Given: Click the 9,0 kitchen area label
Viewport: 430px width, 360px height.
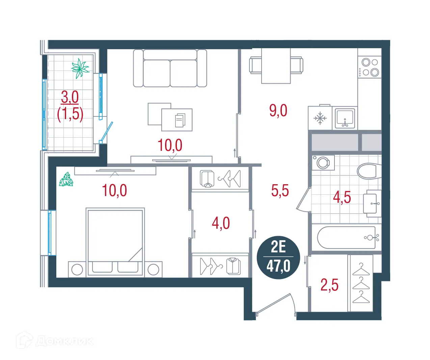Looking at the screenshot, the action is [x=278, y=111].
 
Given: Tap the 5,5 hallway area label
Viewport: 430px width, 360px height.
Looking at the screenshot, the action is [x=280, y=191].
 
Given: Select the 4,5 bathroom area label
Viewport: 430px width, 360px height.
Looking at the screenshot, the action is [x=342, y=197].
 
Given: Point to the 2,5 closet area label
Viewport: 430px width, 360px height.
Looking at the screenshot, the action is [x=329, y=285].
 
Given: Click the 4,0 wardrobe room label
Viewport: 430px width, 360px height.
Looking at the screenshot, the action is [x=221, y=223].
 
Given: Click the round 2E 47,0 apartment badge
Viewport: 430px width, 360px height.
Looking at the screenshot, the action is [x=278, y=257].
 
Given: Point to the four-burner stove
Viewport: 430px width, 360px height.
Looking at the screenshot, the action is [x=370, y=67].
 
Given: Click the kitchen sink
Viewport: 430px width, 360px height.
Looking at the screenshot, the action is [x=345, y=118].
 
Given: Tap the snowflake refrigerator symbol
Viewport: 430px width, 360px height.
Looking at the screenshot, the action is [x=320, y=118].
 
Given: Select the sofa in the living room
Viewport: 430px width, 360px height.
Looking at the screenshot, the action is [x=170, y=68].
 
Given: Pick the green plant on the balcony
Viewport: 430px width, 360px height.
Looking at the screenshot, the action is [x=80, y=68].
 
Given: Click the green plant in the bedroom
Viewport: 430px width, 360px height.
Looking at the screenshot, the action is [x=66, y=179].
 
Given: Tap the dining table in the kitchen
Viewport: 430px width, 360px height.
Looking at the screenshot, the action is [x=276, y=66].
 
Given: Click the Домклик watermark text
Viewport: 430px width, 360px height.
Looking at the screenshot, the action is [x=64, y=341].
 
